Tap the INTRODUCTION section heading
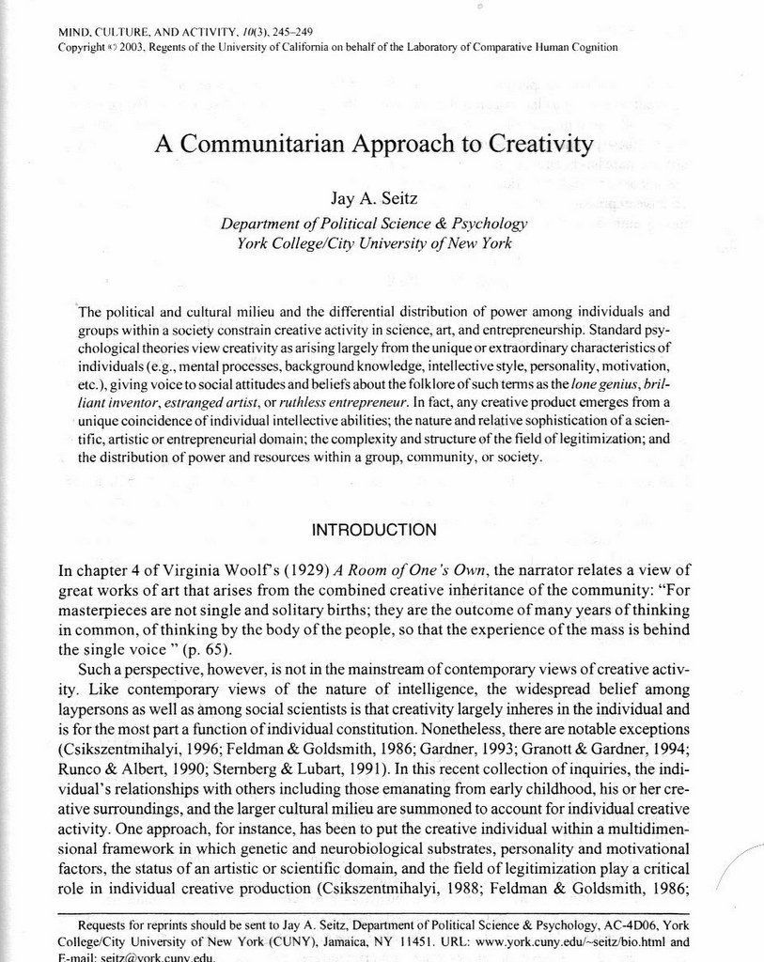[373, 530]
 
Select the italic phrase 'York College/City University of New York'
[373, 243]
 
